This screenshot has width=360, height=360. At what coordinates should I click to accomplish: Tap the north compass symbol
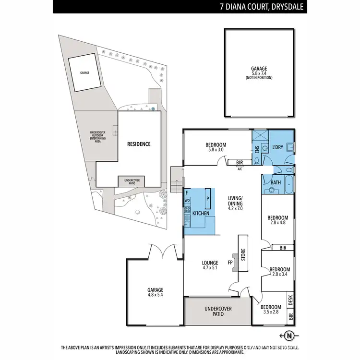click(288, 335)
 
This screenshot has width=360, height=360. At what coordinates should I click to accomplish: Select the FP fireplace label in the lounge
click(230, 263)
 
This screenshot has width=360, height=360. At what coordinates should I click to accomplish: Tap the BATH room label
click(276, 182)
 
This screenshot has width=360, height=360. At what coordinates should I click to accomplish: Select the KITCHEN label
click(201, 212)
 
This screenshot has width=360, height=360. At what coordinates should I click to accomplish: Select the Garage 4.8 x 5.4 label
click(155, 293)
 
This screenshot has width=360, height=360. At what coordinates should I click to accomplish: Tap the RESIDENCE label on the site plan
click(138, 144)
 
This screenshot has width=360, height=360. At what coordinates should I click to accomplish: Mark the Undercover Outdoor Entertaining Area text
click(97, 137)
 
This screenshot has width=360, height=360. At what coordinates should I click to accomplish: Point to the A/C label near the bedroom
click(240, 169)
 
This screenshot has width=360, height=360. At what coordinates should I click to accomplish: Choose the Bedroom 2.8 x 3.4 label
click(279, 272)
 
